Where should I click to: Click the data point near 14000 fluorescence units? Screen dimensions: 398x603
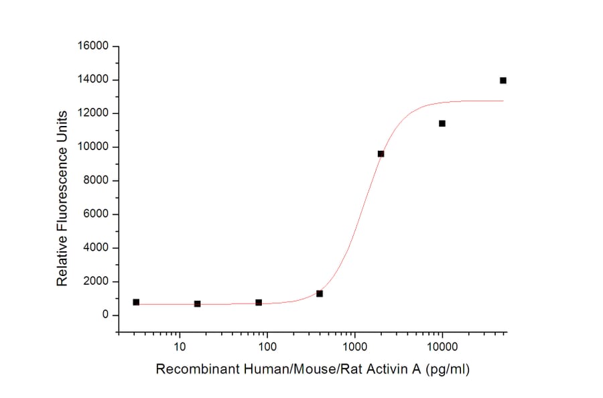coord(503,80)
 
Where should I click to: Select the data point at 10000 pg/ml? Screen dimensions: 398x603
coord(442,123)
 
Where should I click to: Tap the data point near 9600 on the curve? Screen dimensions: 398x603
coord(381,153)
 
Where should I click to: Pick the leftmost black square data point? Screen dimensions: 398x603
coord(136,302)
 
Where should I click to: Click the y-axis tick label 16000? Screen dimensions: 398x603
coord(94,46)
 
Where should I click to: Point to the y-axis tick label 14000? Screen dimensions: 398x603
coord(94,80)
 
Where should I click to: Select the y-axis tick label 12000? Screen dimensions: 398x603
coord(94,113)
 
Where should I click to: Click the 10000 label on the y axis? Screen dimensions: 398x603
coord(94,147)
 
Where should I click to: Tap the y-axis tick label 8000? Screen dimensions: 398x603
coord(96,181)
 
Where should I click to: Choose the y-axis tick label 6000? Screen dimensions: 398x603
coord(96,214)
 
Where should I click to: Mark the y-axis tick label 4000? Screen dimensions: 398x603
coord(96,248)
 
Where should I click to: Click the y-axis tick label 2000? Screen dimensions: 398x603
coord(96,281)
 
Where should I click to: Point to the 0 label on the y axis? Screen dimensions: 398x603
coord(105,316)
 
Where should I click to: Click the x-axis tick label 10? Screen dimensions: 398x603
coord(179,347)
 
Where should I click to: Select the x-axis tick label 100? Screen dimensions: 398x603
coord(267,347)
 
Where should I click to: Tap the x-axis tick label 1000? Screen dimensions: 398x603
coord(354,347)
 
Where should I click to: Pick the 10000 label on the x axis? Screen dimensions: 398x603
coord(442,347)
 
